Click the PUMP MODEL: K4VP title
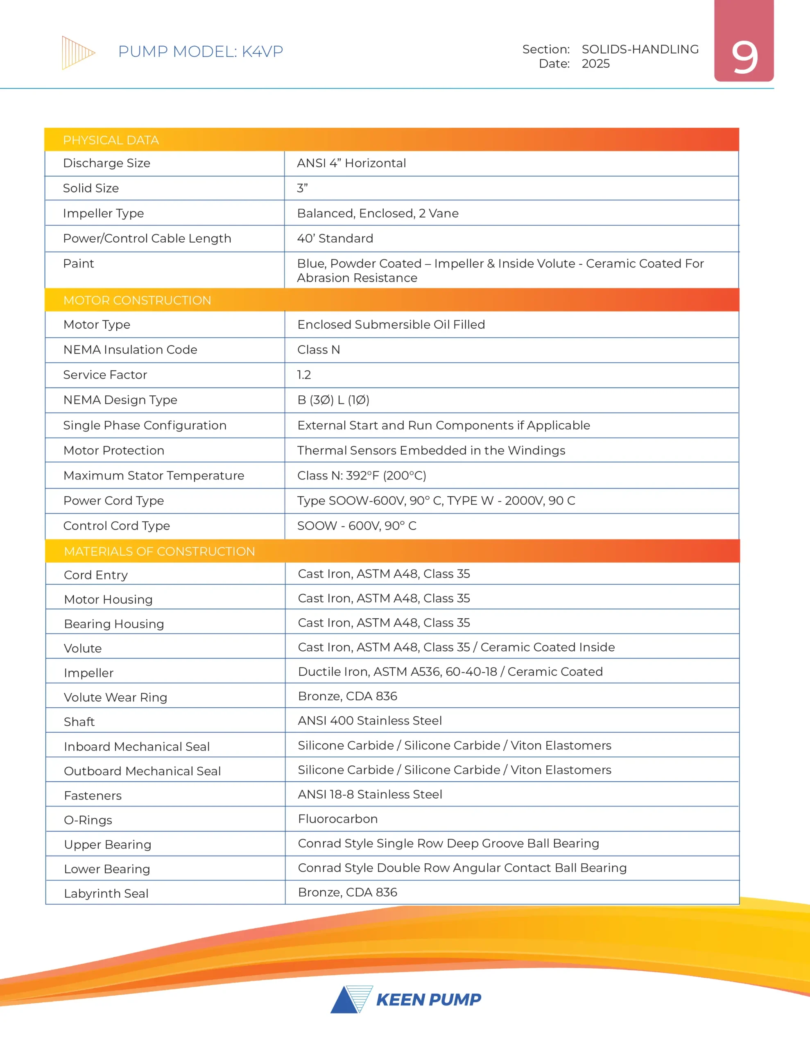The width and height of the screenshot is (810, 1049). pos(200,51)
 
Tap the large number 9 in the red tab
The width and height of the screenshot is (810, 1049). pos(744,58)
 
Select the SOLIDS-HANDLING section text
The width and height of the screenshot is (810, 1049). pos(640,50)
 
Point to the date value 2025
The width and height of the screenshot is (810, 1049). pos(595,64)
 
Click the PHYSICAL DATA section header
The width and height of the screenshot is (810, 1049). pos(111,140)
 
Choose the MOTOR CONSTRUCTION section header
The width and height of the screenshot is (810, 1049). pos(137,300)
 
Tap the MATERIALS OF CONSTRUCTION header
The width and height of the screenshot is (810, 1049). pos(159,552)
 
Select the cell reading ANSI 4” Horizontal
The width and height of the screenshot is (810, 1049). pos(351,163)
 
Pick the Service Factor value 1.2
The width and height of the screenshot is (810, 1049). pos(304,375)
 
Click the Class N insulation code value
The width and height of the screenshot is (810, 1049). pos(318,350)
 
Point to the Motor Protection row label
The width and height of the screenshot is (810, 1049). pos(114,450)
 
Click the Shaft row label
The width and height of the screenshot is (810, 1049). pos(79,722)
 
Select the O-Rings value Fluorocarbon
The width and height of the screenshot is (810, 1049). pos(337,819)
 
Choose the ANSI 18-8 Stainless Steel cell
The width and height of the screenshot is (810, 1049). pos(370,795)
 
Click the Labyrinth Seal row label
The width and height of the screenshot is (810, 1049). pos(106,893)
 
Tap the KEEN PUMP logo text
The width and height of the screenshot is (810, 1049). pos(428,999)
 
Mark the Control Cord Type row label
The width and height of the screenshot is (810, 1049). pos(117,526)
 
